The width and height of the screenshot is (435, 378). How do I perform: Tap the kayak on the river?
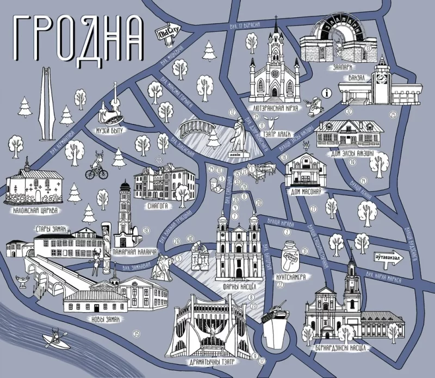[x=54, y=339]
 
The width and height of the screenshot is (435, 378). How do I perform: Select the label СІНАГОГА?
[x=158, y=207]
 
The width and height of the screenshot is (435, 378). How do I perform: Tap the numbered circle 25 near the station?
[x=393, y=114]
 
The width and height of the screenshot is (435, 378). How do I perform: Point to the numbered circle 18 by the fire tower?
[x=146, y=231]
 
